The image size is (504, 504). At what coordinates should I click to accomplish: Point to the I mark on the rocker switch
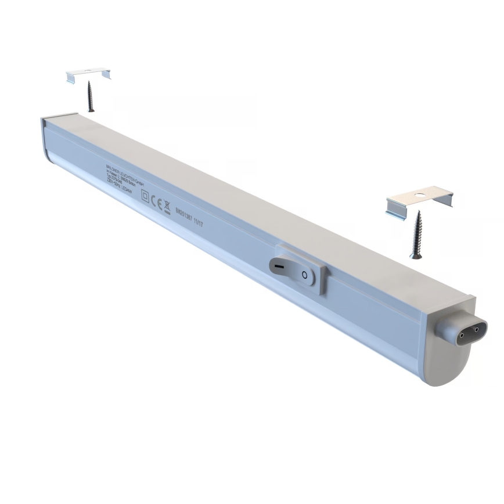(279, 266)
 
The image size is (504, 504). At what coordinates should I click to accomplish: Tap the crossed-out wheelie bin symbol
(167, 206)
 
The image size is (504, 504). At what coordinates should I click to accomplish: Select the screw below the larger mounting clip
(416, 235)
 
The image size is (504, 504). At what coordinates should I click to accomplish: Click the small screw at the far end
(90, 96)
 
